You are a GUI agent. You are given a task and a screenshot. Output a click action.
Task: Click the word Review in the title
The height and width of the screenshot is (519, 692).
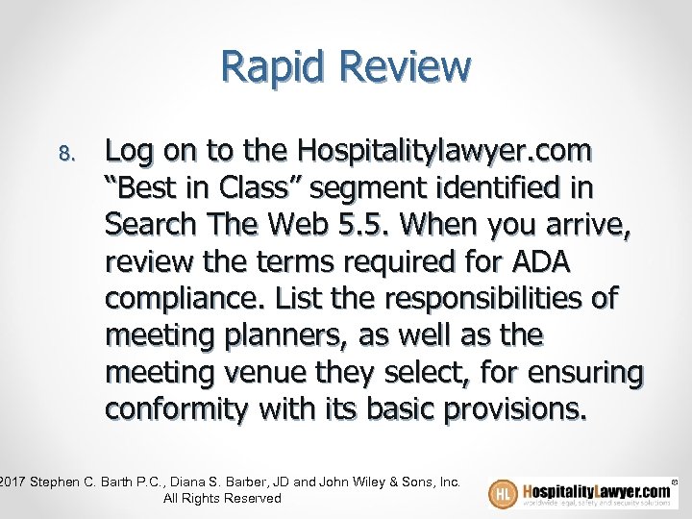click(409, 67)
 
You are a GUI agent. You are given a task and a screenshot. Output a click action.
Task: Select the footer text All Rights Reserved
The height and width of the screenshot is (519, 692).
click(222, 498)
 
